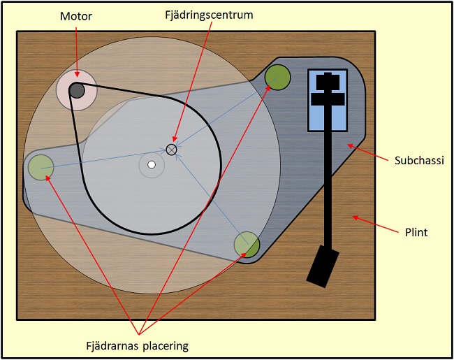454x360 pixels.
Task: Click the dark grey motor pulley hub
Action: (x=77, y=90)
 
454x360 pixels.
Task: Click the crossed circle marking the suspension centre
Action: (x=172, y=149)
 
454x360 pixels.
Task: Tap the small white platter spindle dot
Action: (x=151, y=165)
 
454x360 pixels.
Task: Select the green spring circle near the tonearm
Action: (x=277, y=77)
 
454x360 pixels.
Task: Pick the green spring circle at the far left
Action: (x=41, y=167)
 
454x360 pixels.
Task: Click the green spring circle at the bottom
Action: (x=247, y=244)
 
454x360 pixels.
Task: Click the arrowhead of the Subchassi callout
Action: (x=350, y=144)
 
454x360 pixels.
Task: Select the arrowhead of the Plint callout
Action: (x=354, y=217)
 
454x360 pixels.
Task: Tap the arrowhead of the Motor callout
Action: (x=78, y=75)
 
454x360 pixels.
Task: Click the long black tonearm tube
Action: (x=328, y=182)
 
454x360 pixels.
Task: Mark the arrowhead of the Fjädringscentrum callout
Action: (x=175, y=143)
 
